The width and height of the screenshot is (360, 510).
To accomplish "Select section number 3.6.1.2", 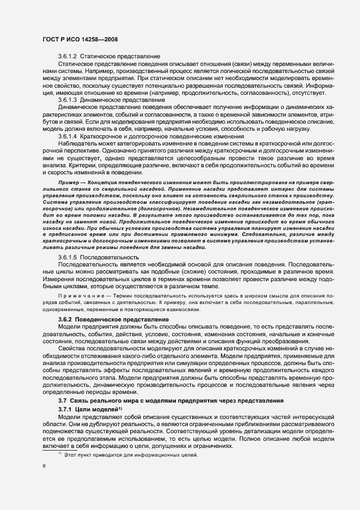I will coord(68,57).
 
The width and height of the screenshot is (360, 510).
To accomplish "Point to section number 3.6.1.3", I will coord(68,100).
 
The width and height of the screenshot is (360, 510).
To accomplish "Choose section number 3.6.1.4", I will coord(68,136).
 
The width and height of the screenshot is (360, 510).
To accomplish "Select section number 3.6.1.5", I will coord(68,257).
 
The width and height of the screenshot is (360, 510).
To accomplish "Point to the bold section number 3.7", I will coord(62,400).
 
